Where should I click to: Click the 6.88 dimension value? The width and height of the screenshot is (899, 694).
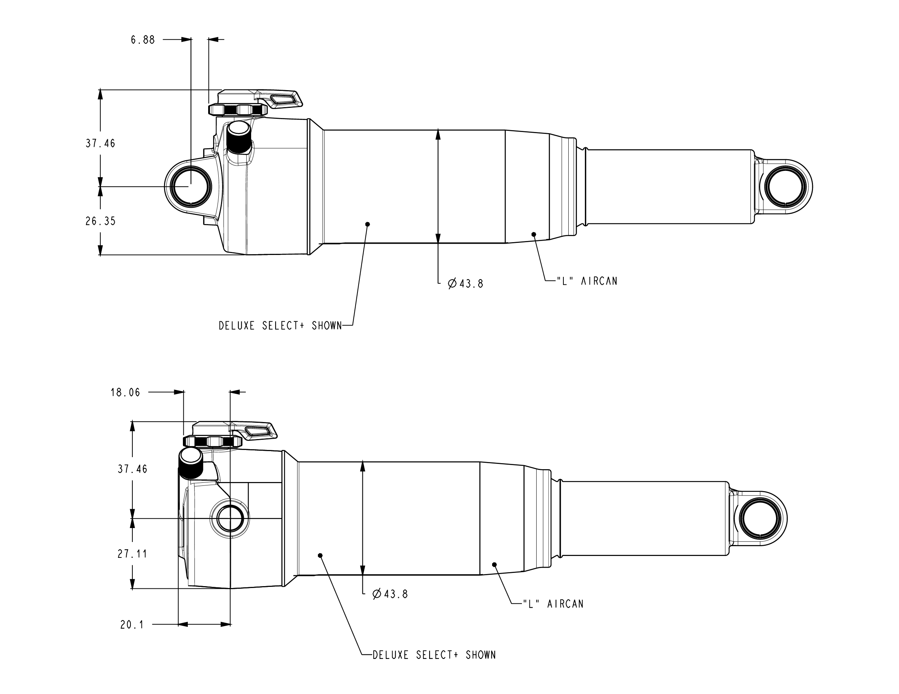(x=143, y=40)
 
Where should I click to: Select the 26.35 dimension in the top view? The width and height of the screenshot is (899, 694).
(x=100, y=221)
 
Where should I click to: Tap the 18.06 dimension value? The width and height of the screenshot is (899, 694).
(x=125, y=393)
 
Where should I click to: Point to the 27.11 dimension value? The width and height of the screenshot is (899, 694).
(x=132, y=554)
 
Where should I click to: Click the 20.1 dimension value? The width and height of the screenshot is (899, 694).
(x=132, y=625)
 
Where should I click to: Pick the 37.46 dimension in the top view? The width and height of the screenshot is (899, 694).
(x=100, y=144)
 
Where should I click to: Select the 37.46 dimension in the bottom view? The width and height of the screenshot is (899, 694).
(x=132, y=469)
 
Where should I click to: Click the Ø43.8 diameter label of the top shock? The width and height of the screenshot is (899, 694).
(x=466, y=284)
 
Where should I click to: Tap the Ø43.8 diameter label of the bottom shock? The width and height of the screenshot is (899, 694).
(x=390, y=594)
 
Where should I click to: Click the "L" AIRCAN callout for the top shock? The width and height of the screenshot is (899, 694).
(x=588, y=281)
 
